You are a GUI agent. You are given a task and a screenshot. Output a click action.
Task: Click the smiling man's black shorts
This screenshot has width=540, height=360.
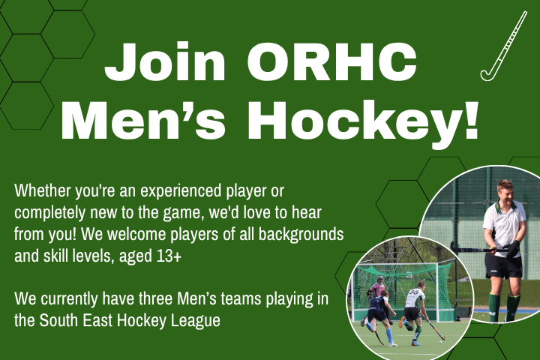pyautogui.click(x=501, y=267)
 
